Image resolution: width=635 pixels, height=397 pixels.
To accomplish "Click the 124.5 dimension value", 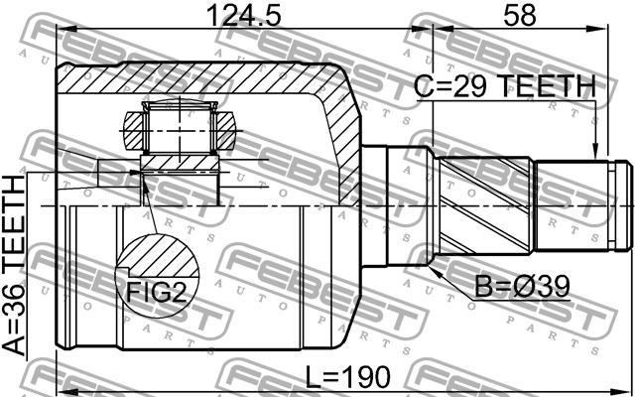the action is pos(243,16).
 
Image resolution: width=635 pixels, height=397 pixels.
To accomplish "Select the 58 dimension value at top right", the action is pos(520,16).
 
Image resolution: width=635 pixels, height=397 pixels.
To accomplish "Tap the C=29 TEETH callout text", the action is pos(505,87).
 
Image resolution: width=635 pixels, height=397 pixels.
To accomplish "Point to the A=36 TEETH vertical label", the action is pos(14,265).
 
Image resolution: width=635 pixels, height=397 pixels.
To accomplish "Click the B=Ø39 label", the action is pos(522,288).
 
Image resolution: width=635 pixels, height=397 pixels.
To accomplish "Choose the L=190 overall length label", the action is pos(348,376).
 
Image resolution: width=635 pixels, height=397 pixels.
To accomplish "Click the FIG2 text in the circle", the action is pos(157,292).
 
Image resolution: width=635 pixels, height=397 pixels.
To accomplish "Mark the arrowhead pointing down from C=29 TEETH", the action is pos(595,151).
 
